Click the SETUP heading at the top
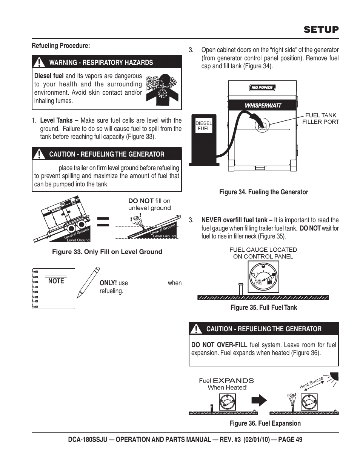tap(321, 29)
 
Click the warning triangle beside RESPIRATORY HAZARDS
tap(39, 62)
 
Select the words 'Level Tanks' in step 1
tap(57, 121)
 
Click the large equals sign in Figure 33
tap(103, 222)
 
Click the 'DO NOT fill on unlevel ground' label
tap(149, 205)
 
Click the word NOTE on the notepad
tap(56, 281)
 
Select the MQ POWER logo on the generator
tap(262, 88)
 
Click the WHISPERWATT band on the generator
tap(263, 105)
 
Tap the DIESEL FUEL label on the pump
tap(203, 126)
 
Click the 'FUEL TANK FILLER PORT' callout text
tap(320, 118)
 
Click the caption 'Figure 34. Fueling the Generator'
tap(263, 192)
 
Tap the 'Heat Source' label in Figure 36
tap(311, 383)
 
